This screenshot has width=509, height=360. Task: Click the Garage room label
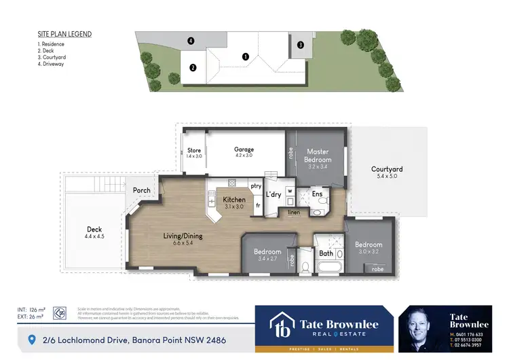click(x=244, y=149)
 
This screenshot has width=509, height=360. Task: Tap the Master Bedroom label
click(x=317, y=156)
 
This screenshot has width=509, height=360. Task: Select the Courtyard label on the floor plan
click(x=387, y=170)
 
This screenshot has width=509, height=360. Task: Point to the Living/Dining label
click(x=183, y=236)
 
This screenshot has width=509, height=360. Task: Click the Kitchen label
click(x=235, y=200)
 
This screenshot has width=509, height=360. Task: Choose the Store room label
click(x=194, y=151)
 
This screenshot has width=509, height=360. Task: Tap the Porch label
click(x=142, y=191)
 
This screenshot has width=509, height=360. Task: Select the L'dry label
click(x=274, y=195)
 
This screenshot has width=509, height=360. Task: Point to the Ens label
click(x=316, y=194)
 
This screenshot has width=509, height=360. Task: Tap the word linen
click(x=293, y=213)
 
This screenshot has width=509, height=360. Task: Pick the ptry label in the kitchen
click(x=256, y=185)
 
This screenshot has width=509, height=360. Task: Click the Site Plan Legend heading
click(x=64, y=34)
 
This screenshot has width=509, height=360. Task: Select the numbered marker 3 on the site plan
click(x=300, y=45)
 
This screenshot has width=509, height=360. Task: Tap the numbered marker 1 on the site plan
click(x=246, y=57)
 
